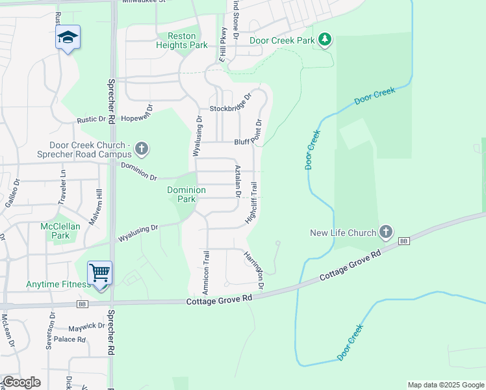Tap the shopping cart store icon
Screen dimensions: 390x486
click(100, 272)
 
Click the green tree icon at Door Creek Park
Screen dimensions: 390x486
click(325, 40)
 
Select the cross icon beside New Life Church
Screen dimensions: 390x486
click(386, 231)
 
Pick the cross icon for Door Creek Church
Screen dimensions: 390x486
click(141, 149)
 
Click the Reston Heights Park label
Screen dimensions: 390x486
click(187, 40)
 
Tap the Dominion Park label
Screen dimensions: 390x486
click(186, 194)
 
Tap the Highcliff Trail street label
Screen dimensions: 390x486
click(254, 204)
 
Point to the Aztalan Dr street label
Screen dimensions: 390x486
click(238, 181)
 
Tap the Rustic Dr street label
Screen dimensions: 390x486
click(91, 120)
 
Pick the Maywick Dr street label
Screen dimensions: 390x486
click(88, 326)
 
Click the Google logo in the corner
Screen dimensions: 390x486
click(21, 382)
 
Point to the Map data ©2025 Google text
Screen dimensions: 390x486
click(445, 385)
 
